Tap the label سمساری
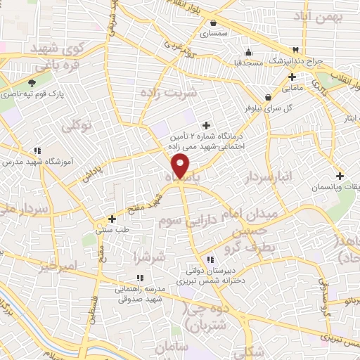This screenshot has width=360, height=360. pos(214,33)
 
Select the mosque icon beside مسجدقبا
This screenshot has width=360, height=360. pos(247,52)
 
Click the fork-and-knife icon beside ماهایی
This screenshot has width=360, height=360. pos(292,77)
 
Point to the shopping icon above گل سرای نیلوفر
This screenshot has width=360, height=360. pos(268,97)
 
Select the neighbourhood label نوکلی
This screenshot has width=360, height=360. pos(77,127)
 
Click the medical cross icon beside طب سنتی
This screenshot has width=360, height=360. pos(112,219)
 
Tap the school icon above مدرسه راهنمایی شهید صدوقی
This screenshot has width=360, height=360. pos(139,278)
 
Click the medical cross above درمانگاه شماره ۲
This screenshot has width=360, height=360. pos(206,124)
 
